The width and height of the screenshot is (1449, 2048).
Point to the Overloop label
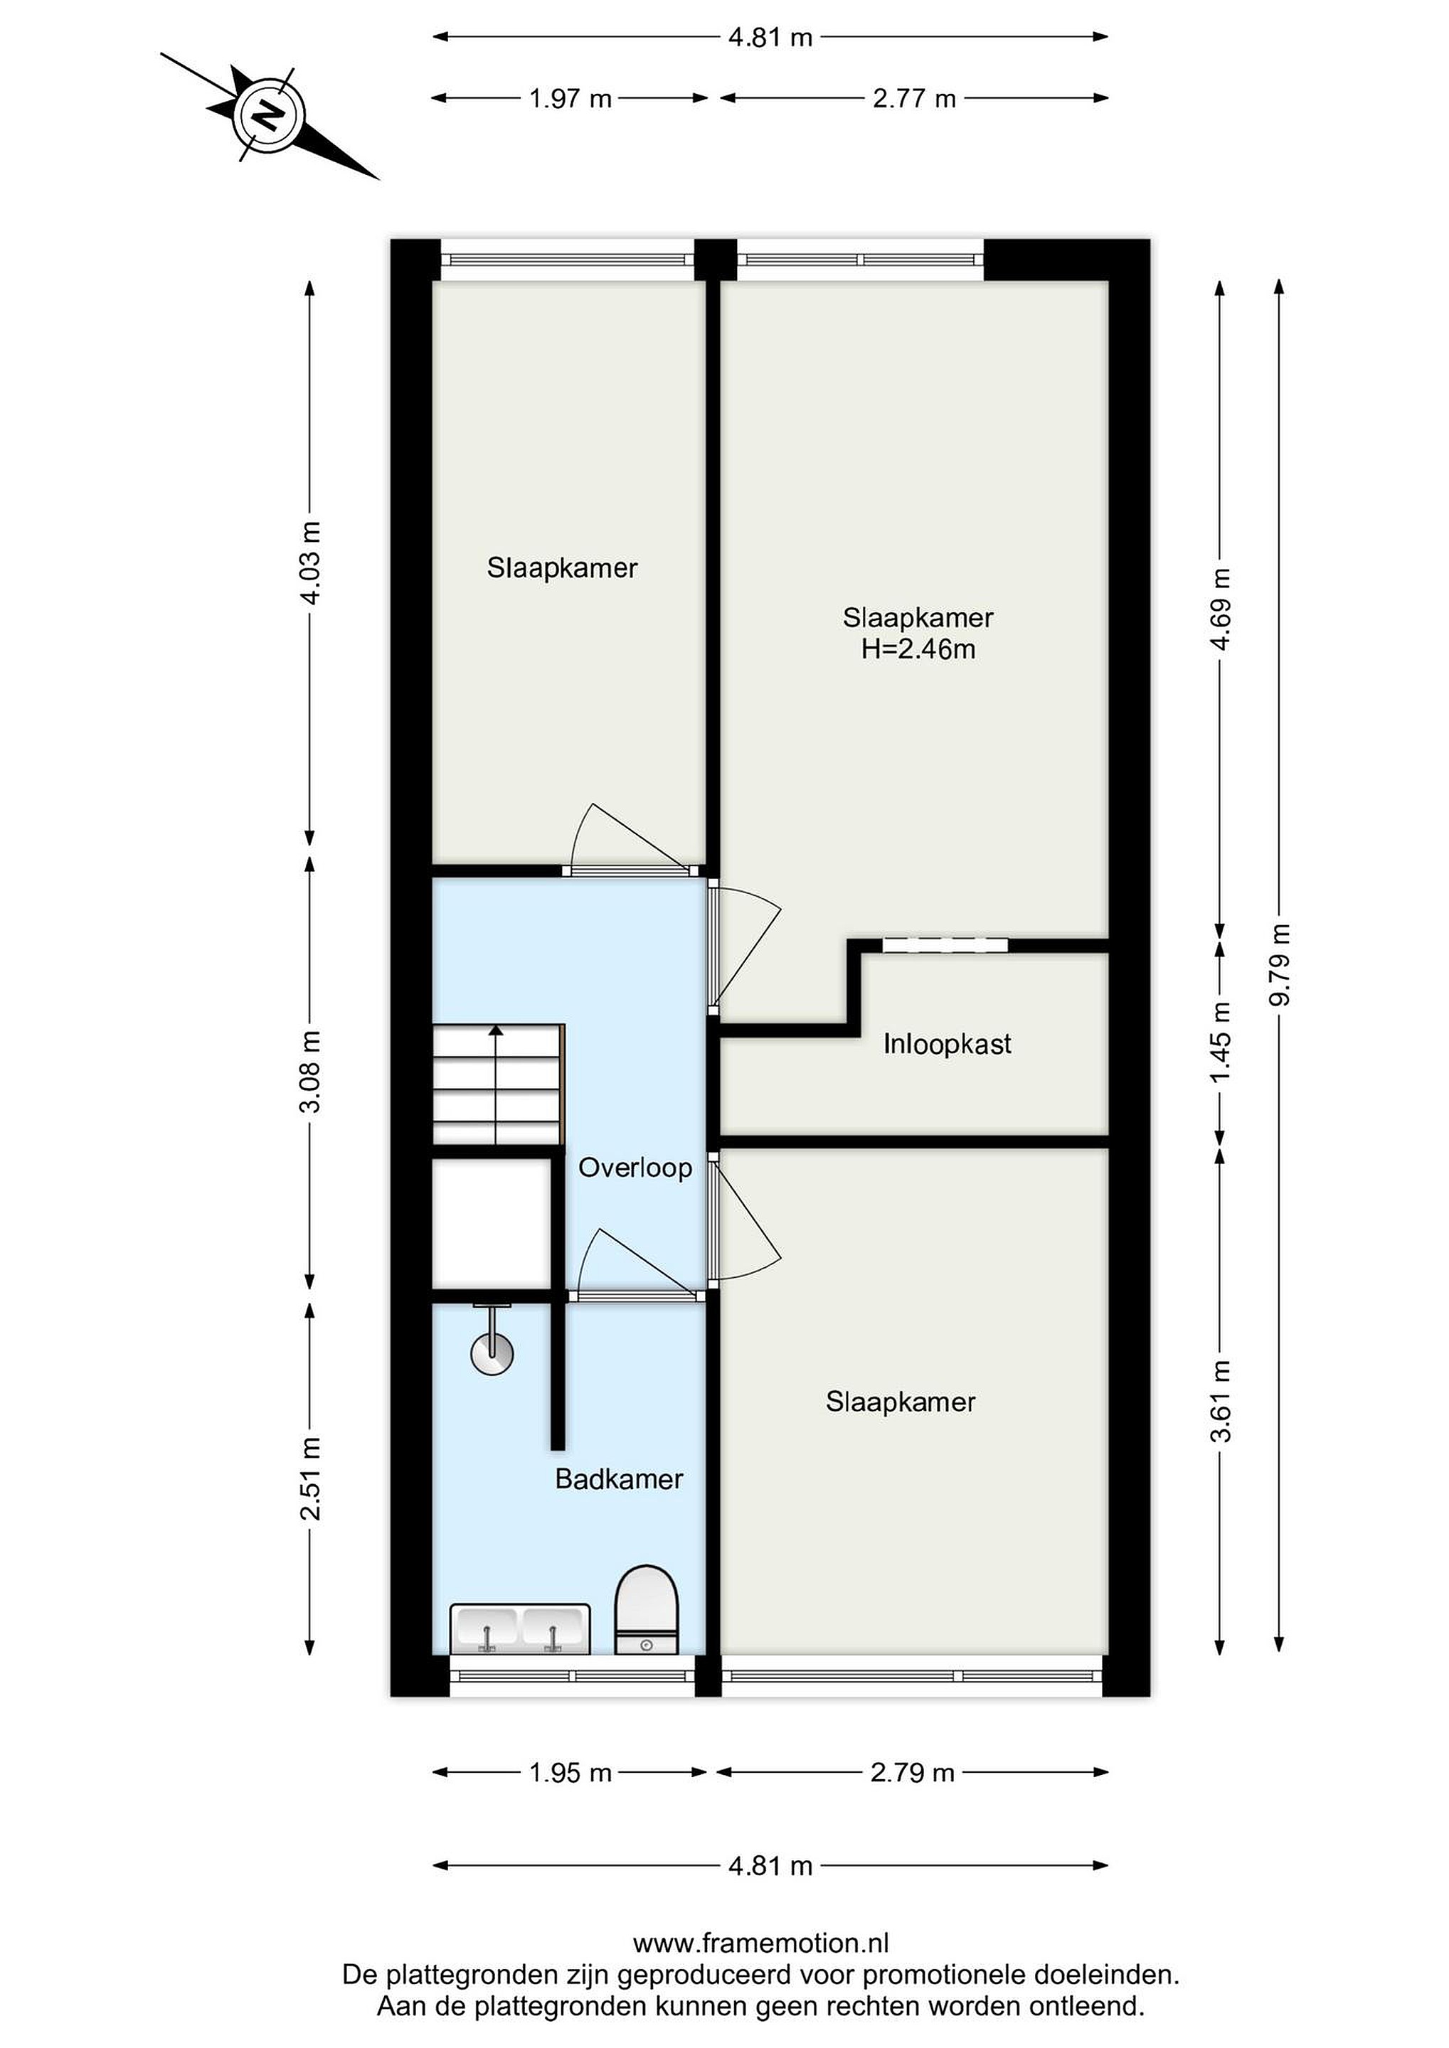(635, 1168)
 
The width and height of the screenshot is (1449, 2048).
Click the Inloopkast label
(948, 1044)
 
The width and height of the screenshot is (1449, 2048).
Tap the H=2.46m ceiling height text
(918, 649)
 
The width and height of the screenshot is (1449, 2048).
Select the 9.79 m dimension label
(1280, 964)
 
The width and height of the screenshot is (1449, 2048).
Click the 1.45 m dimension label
(1221, 1041)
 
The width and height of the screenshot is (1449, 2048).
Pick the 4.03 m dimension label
(310, 562)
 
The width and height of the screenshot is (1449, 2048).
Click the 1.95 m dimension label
(570, 1772)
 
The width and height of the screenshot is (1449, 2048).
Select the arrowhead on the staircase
(496, 1030)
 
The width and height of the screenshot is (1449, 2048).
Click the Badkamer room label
(619, 1479)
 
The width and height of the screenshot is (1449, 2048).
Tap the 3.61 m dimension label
(1221, 1402)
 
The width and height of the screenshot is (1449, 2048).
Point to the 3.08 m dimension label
(310, 1071)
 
